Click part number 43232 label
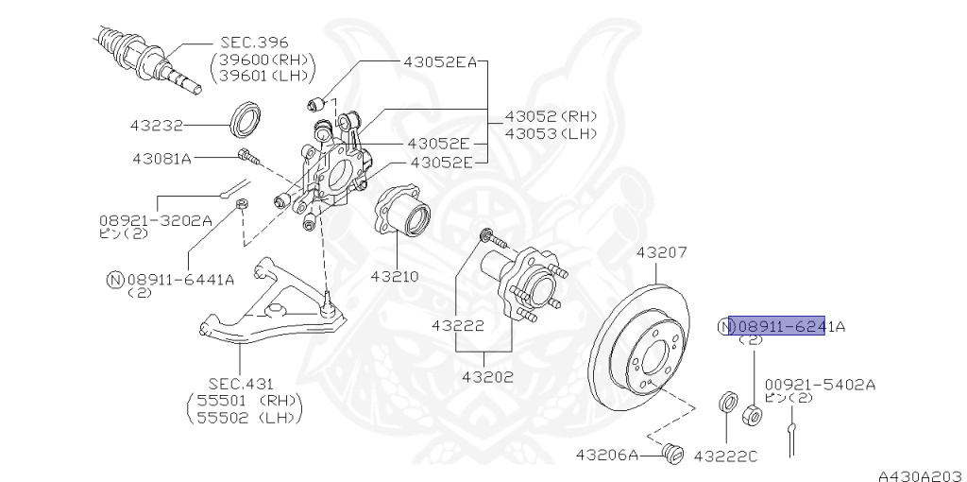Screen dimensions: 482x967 pos(156,125)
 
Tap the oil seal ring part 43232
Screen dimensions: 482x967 pos(249,118)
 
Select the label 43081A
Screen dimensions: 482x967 pos(161,158)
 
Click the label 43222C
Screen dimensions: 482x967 pos(725,456)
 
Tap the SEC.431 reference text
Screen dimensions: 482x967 pos(241,384)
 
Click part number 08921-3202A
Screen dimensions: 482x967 pos(155,219)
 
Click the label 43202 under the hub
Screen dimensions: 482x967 pos(487,377)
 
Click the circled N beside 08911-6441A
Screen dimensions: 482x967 pos(114,279)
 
